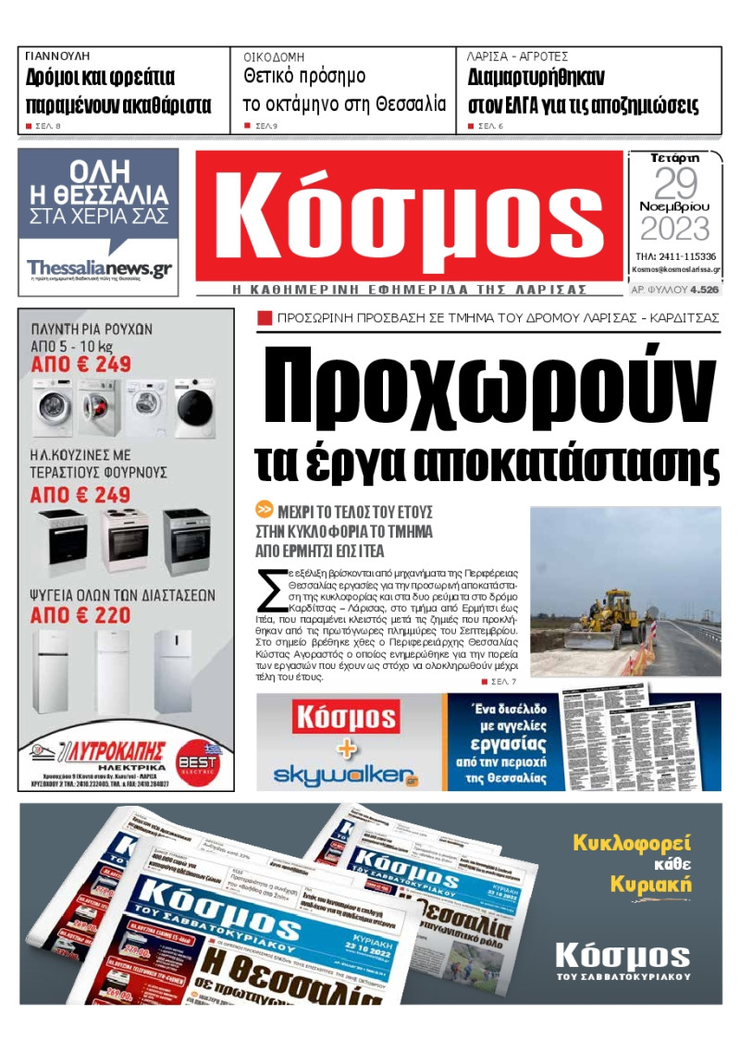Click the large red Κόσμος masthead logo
pos(409,216)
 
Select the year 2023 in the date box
pos(674,228)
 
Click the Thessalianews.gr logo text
pos(99,267)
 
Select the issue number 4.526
pos(704,290)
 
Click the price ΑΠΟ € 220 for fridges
pos(80,613)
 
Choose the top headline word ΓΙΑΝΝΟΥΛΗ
pos(57,56)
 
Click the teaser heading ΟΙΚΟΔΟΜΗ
pos(275,56)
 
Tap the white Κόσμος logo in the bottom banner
pos(623,956)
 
